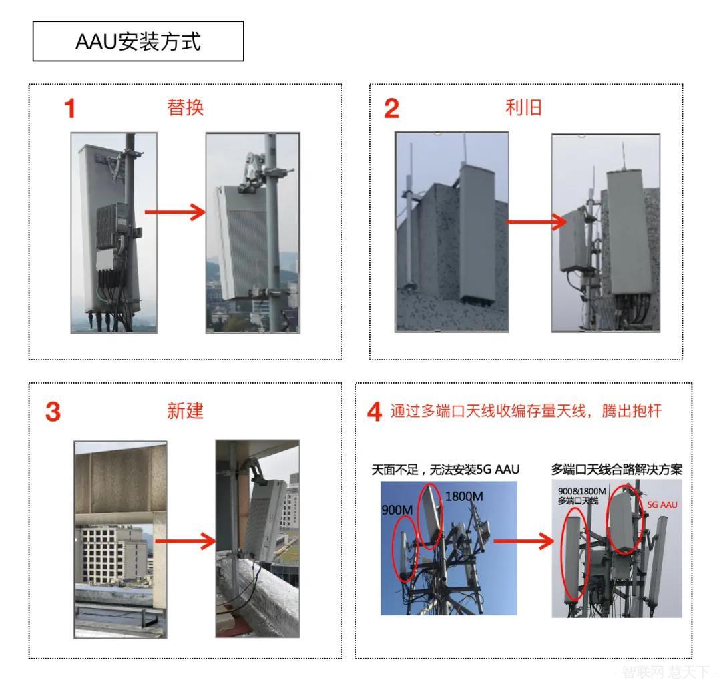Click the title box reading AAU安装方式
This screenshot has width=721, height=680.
pos(138,41)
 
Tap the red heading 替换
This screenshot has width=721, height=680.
pos(185,107)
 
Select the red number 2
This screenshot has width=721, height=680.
pos(391,109)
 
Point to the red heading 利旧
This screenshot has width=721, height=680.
pos(524,107)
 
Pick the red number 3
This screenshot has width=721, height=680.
pos(53,412)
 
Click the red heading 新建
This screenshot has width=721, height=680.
pos(185,411)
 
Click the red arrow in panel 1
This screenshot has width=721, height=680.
pos(175,213)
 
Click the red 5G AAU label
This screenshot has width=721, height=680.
pos(662,505)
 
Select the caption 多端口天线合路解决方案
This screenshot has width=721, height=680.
pos(616,470)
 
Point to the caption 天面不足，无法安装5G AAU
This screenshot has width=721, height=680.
pos(445,470)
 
